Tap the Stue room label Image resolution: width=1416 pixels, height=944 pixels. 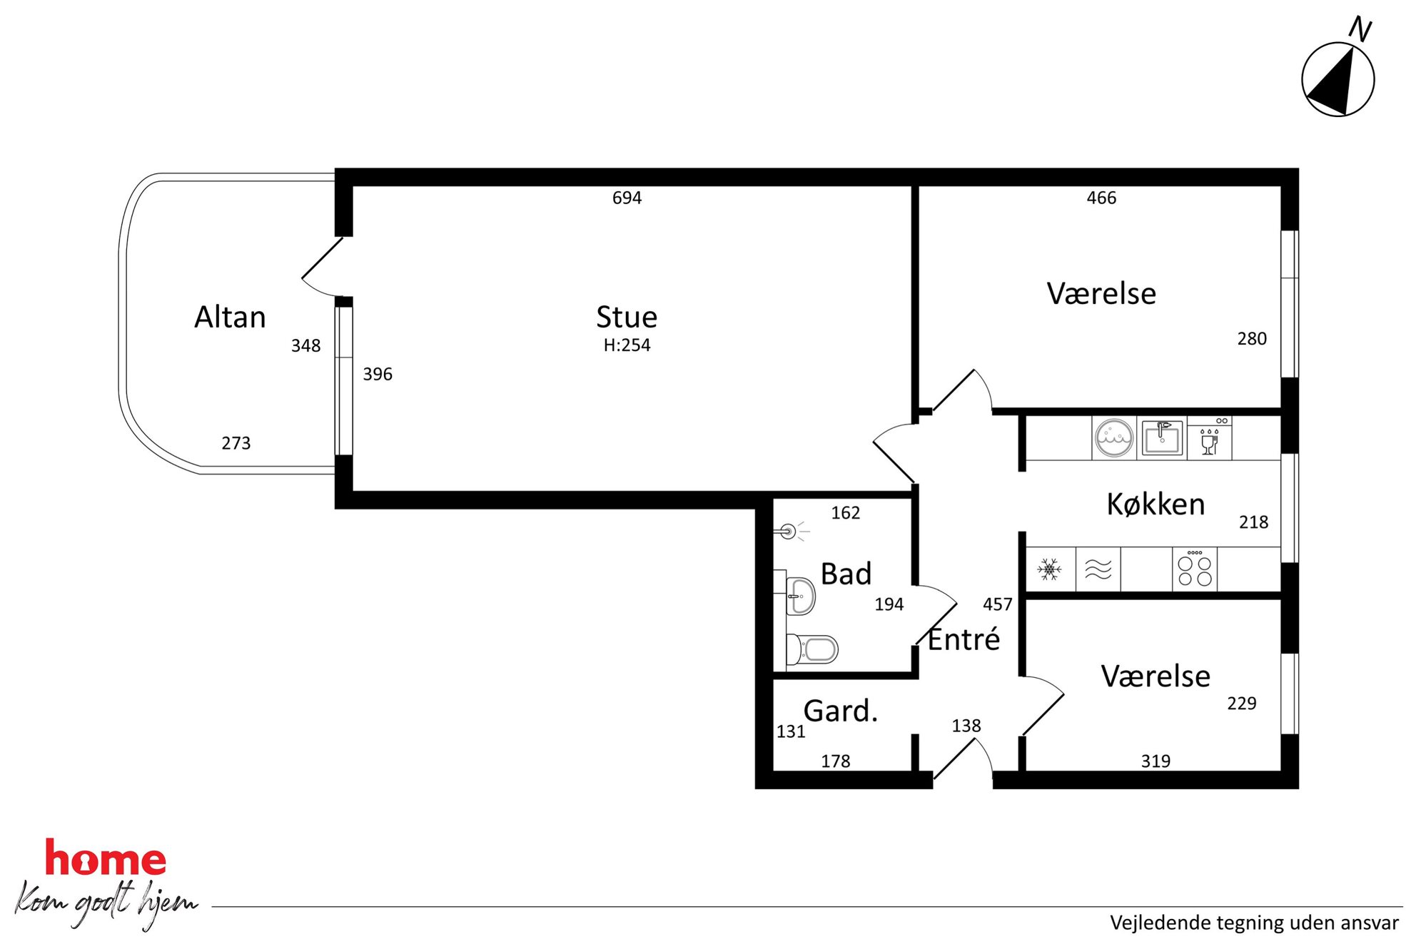[627, 317]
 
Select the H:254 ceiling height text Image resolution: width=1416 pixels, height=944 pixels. [627, 345]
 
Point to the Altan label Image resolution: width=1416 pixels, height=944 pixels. [230, 317]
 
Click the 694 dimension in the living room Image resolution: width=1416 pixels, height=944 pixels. [627, 198]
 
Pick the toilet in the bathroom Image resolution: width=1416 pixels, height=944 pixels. [811, 649]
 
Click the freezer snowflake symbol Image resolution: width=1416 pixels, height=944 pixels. [1049, 569]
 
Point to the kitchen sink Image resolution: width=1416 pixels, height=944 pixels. [1162, 438]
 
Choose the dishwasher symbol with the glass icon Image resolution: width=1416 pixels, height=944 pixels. [1210, 438]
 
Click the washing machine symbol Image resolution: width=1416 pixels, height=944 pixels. [1114, 438]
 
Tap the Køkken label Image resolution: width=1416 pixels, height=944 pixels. [1155, 504]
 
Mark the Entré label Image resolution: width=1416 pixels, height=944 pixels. [964, 639]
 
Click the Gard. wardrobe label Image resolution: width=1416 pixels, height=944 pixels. [840, 711]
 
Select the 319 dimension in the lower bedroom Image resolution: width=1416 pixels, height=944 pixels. [1155, 761]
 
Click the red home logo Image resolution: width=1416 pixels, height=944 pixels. [106, 858]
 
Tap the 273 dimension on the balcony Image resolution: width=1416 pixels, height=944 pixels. [236, 443]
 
